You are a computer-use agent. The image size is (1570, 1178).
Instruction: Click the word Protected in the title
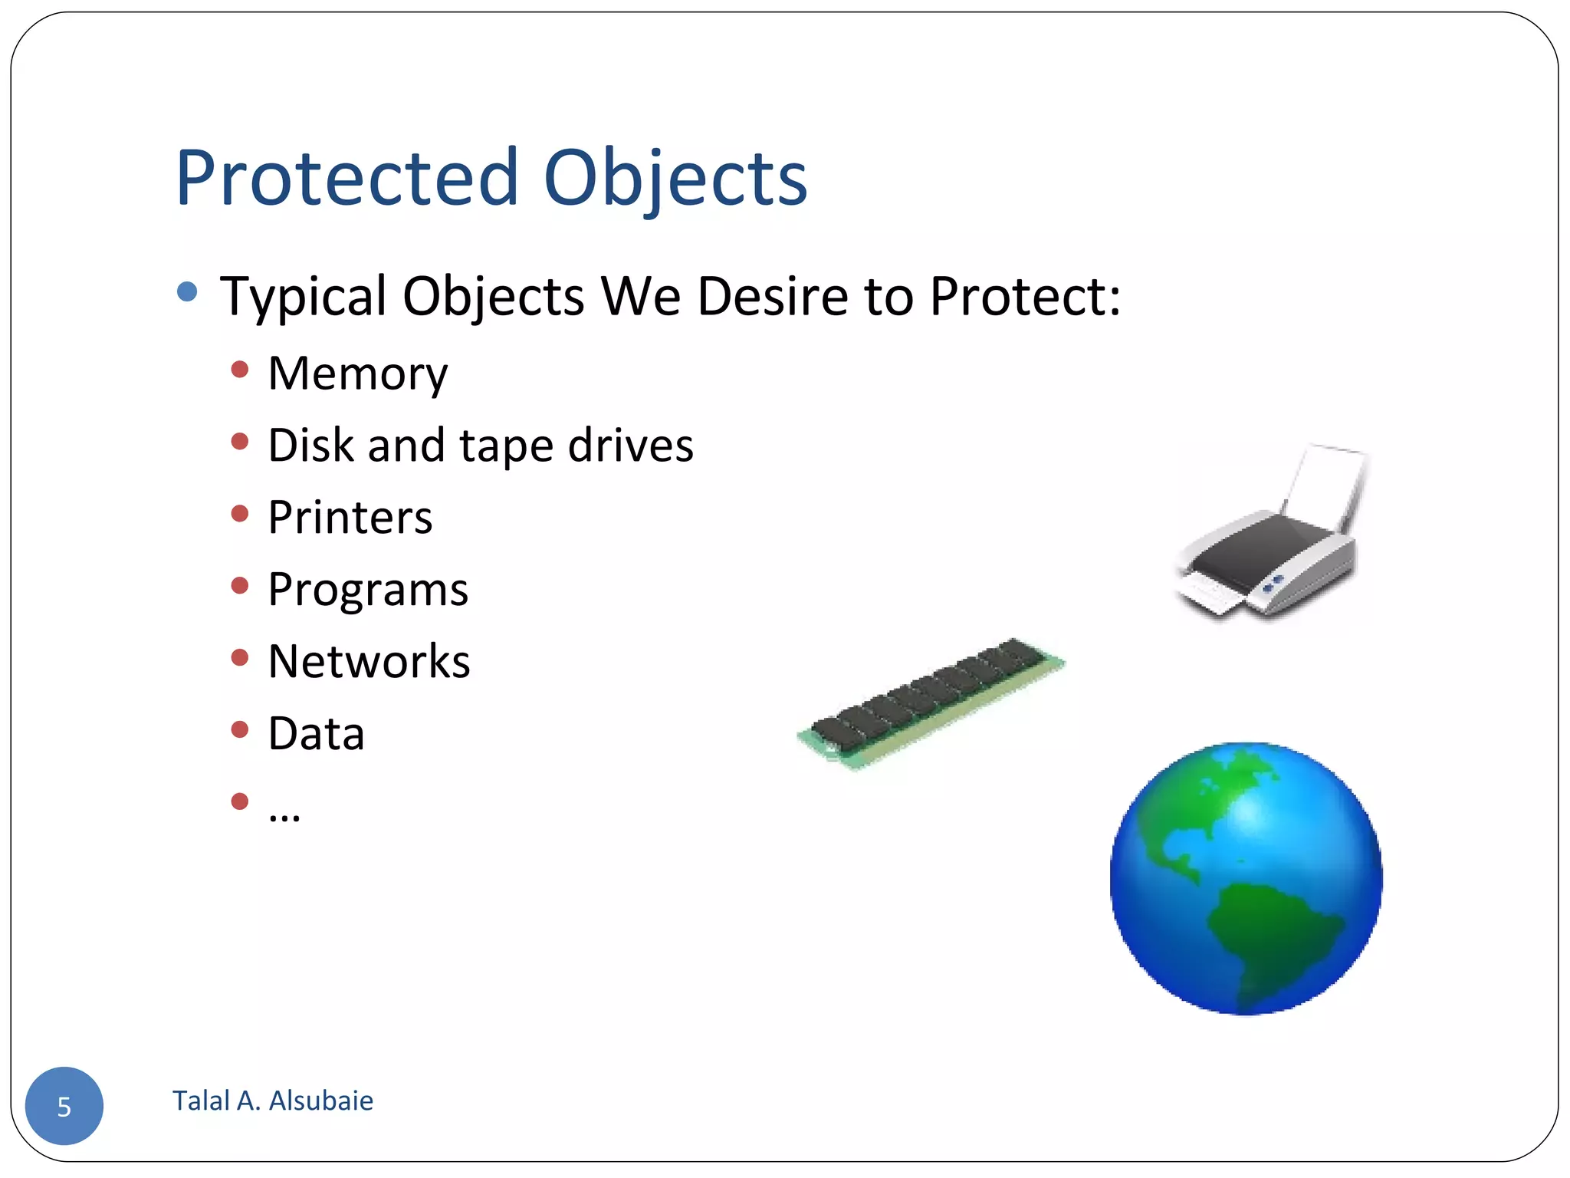347,178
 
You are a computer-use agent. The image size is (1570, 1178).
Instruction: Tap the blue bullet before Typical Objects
186,291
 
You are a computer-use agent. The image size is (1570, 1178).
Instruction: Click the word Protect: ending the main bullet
1025,296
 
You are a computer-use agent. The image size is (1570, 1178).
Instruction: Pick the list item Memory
357,374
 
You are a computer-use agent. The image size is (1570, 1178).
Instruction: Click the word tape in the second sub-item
506,446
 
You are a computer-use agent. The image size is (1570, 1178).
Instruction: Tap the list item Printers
350,518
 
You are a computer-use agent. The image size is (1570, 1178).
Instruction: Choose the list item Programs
368,591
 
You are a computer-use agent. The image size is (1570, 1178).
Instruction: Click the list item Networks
369,662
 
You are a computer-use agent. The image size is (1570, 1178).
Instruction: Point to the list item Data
316,734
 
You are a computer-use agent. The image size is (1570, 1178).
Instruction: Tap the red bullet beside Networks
240,657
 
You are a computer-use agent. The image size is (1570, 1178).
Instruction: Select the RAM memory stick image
931,703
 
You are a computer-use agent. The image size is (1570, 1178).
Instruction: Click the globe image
1246,878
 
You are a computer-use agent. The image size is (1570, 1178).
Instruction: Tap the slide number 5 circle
64,1106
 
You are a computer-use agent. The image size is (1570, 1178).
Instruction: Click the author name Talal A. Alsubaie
273,1101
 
